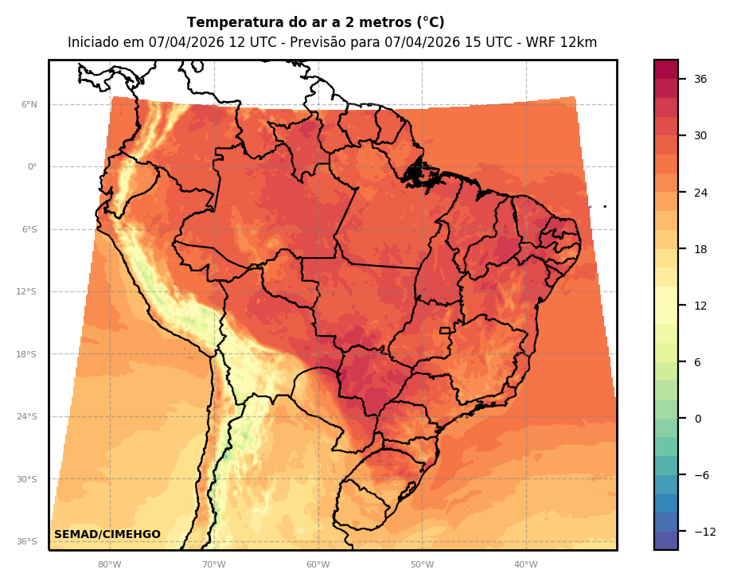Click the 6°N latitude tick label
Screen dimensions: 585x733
pos(29,104)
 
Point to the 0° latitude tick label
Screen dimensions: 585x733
pos(32,167)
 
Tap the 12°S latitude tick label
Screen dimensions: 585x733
pos(26,292)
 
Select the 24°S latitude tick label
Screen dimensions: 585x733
pos(26,417)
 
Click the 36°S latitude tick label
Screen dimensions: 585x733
pos(26,542)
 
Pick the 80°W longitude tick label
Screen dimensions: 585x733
pos(109,565)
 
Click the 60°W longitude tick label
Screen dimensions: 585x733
pos(318,565)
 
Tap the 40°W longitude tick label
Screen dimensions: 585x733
pos(525,565)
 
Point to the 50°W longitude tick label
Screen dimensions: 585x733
pos(422,565)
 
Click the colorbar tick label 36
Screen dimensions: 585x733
pos(700,79)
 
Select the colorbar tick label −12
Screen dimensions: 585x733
pos(704,532)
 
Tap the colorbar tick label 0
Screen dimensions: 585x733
pos(697,419)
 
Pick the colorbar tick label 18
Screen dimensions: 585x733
pos(700,249)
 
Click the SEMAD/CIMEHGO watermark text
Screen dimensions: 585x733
pos(107,534)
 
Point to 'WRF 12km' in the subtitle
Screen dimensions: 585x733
pos(563,43)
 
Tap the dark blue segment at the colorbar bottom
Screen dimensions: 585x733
pos(666,540)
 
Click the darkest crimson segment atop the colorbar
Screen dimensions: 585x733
pos(666,69)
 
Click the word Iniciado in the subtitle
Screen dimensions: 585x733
pos(95,43)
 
